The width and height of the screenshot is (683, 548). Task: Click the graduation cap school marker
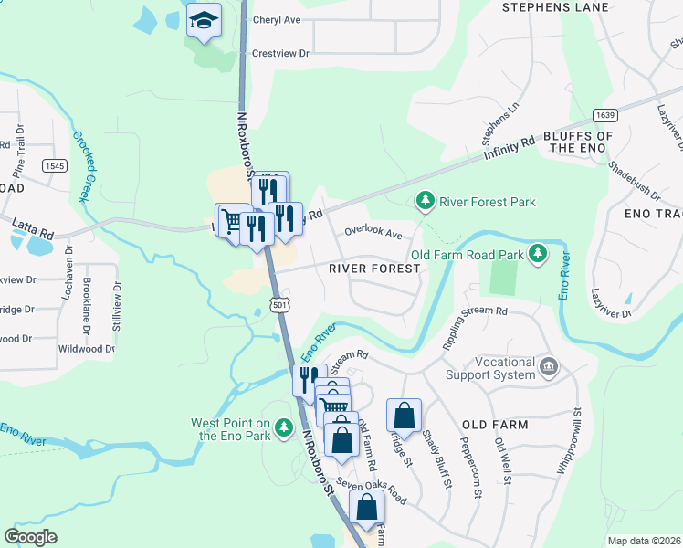[205, 19]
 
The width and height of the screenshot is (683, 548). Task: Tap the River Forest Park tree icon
[425, 200]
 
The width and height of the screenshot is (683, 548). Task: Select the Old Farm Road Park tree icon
[539, 253]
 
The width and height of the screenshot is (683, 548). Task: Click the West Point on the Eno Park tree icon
[284, 427]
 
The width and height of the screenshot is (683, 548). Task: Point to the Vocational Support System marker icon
[548, 367]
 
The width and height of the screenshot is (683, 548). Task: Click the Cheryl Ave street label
[278, 19]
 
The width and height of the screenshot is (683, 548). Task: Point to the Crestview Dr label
[280, 54]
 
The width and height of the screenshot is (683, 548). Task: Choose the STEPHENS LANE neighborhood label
[555, 8]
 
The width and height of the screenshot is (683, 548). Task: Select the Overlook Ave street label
[373, 234]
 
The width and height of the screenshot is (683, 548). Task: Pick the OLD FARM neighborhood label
[495, 426]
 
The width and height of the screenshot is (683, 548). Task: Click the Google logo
[31, 537]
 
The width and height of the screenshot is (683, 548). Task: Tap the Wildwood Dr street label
[86, 348]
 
